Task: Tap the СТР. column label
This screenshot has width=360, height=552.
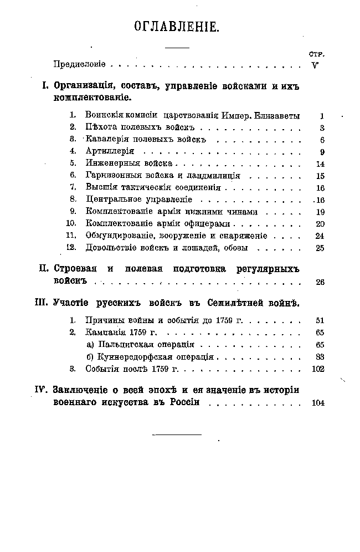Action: click(x=316, y=54)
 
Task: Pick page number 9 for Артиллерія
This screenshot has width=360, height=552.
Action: click(x=321, y=151)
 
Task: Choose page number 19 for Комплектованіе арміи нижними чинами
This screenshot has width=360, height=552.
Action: click(x=320, y=211)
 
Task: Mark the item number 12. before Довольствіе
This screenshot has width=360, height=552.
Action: click(x=70, y=247)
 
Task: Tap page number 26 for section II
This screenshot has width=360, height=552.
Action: click(x=320, y=282)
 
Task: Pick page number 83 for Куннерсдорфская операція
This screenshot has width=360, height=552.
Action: click(x=320, y=356)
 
